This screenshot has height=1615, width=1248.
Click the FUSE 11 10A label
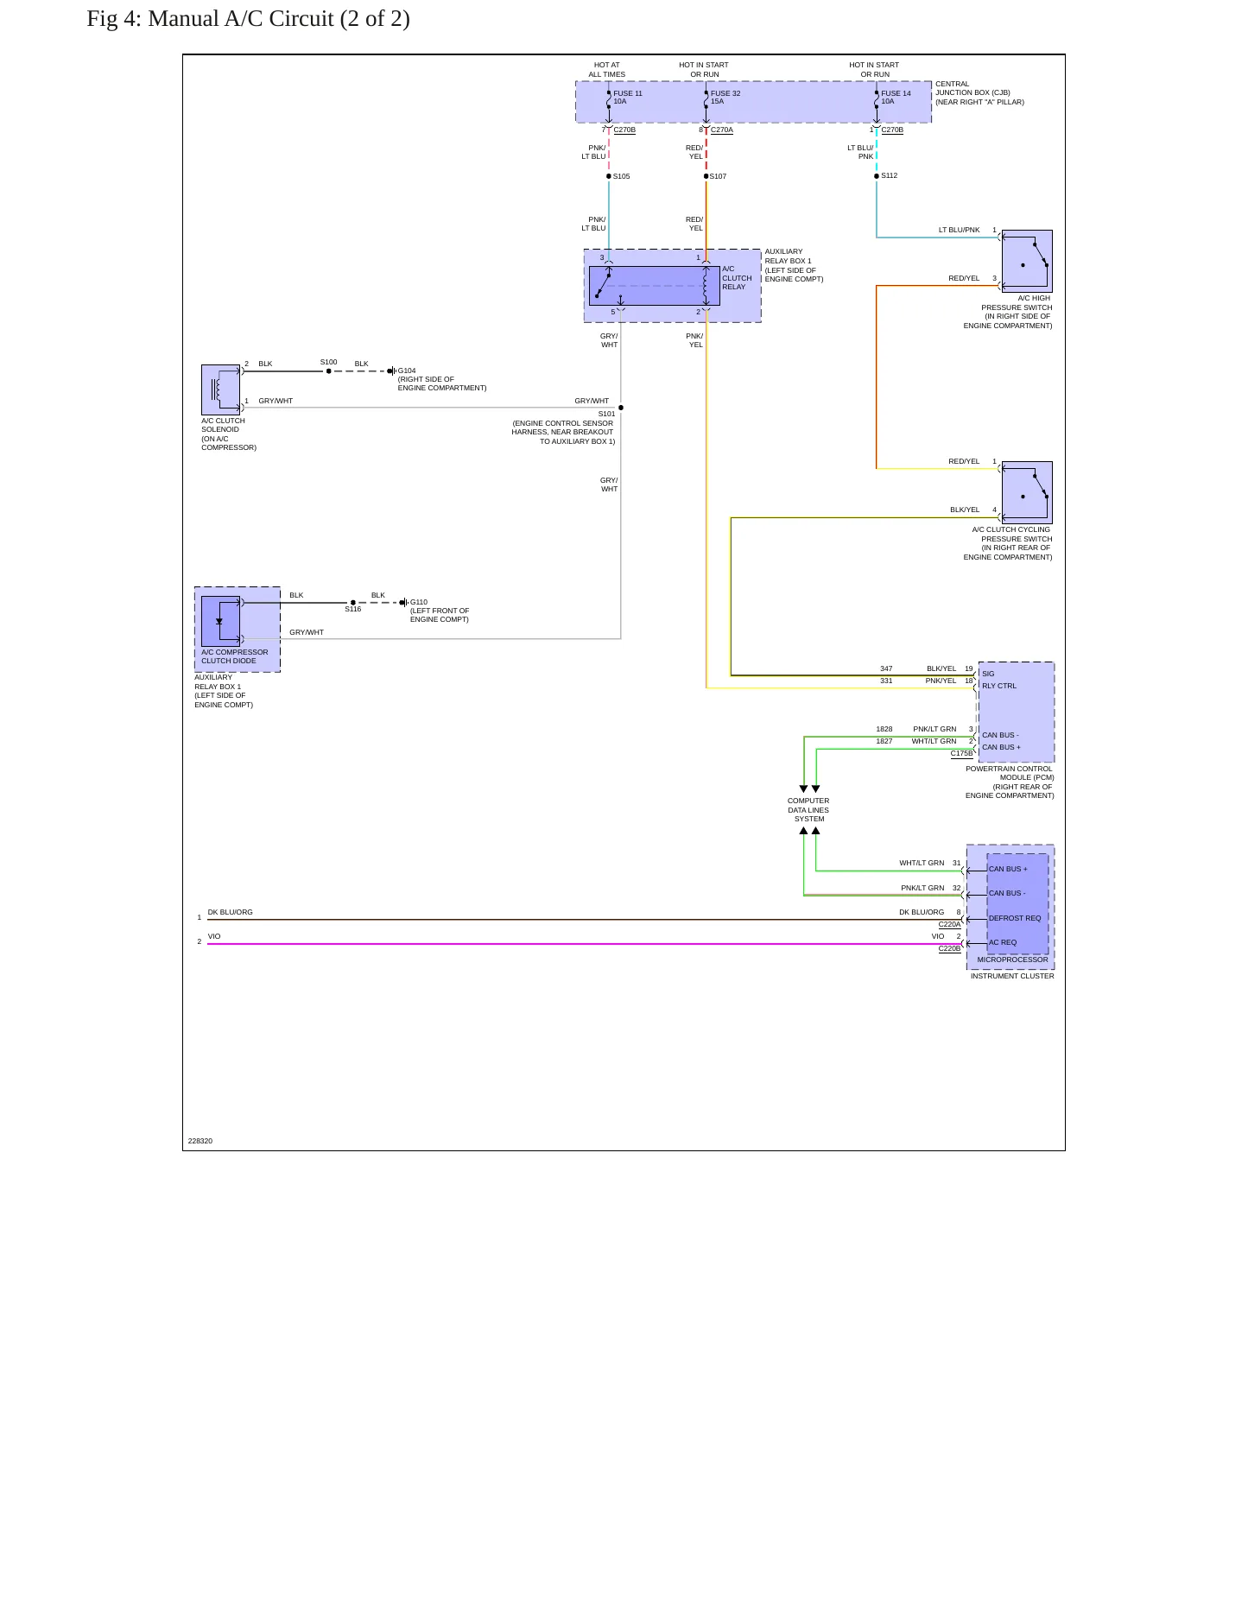click(x=628, y=98)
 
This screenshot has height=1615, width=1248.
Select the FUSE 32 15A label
click(x=725, y=98)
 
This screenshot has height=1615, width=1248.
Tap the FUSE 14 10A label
click(x=896, y=98)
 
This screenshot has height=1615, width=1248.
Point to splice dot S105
click(x=609, y=176)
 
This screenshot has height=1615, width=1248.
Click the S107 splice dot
click(x=706, y=176)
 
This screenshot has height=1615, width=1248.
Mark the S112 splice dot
click(x=877, y=176)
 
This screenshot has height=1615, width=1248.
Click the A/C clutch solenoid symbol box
click(x=221, y=389)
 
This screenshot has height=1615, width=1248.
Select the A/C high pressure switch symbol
click(x=1027, y=261)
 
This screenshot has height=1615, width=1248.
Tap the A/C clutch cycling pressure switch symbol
click(x=1027, y=492)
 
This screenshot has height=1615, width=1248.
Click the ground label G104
click(x=407, y=370)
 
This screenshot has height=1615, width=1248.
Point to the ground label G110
click(x=419, y=602)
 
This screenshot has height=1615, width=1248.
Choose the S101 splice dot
click(x=621, y=408)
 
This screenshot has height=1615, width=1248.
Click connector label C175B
click(x=961, y=753)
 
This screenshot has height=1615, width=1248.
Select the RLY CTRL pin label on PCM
click(x=999, y=686)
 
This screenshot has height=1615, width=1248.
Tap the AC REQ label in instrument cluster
click(x=1003, y=942)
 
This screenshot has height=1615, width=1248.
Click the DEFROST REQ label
click(x=1015, y=918)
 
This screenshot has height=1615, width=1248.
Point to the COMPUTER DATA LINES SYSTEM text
click(x=808, y=810)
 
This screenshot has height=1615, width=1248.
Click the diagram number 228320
click(x=200, y=1141)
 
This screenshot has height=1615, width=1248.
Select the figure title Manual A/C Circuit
click(x=248, y=18)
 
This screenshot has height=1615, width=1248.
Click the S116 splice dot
click(x=353, y=603)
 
